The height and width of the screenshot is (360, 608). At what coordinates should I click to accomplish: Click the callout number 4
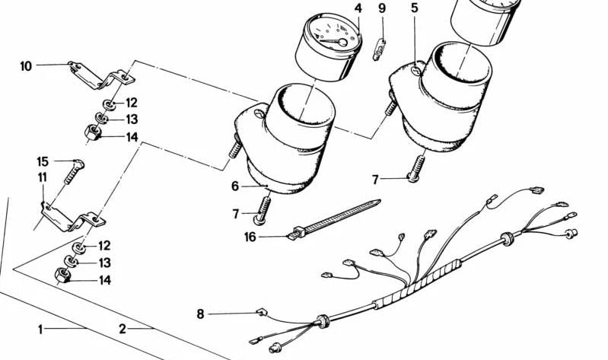pos(358,8)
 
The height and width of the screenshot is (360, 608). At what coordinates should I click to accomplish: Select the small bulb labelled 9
pos(378,52)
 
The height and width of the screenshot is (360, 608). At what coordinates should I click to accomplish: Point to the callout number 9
pos(382,8)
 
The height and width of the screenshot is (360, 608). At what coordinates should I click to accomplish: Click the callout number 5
pos(414,8)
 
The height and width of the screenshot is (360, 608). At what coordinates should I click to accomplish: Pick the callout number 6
pos(235,186)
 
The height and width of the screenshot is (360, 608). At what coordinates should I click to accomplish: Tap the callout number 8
pos(200,313)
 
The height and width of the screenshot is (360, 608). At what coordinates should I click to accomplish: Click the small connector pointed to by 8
pos(259,311)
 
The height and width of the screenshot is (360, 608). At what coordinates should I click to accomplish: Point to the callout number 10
pos(26,66)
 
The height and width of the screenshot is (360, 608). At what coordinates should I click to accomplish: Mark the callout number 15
pos(43,161)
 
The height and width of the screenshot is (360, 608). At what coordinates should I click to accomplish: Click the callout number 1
pos(42,330)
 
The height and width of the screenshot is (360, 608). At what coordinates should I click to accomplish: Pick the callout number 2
pos(122,330)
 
